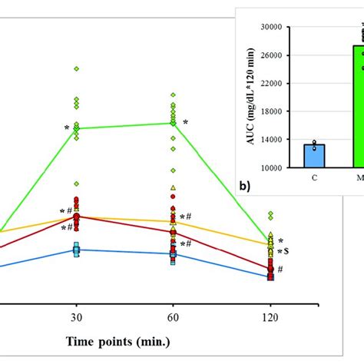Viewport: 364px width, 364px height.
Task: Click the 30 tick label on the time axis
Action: coord(76,316)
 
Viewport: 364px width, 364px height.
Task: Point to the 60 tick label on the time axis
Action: coord(173,316)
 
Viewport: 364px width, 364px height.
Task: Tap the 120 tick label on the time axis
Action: coord(270,316)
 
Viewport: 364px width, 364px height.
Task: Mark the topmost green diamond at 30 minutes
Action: coord(76,68)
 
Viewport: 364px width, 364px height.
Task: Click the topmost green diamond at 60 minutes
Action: coord(173,94)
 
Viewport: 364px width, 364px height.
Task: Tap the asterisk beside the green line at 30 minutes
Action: coord(67,128)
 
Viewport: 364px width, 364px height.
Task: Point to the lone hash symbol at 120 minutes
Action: coord(280,270)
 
